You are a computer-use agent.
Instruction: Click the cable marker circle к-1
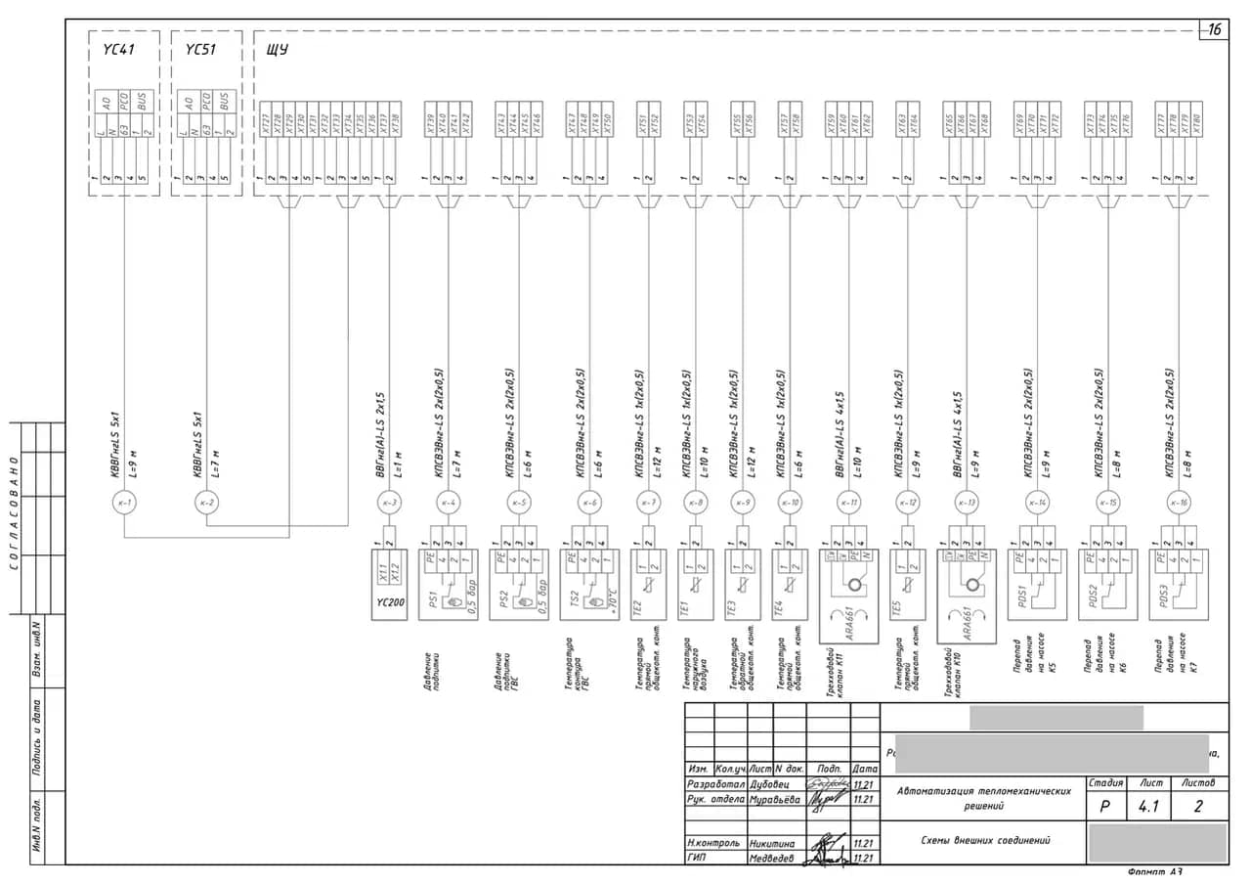pyautogui.click(x=124, y=503)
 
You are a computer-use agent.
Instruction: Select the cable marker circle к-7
pyautogui.click(x=649, y=503)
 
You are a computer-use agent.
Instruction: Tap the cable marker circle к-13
pyautogui.click(x=967, y=503)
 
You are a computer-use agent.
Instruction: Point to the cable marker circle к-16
pyautogui.click(x=1178, y=503)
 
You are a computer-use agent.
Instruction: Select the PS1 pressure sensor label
pyautogui.click(x=430, y=599)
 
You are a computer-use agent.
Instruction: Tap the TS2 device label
pyautogui.click(x=574, y=598)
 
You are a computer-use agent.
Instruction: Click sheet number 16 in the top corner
pyautogui.click(x=1214, y=30)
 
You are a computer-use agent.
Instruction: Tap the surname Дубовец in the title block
pyautogui.click(x=775, y=784)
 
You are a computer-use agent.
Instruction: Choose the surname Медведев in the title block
pyautogui.click(x=773, y=859)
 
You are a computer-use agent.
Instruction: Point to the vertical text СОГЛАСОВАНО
pyautogui.click(x=14, y=511)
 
